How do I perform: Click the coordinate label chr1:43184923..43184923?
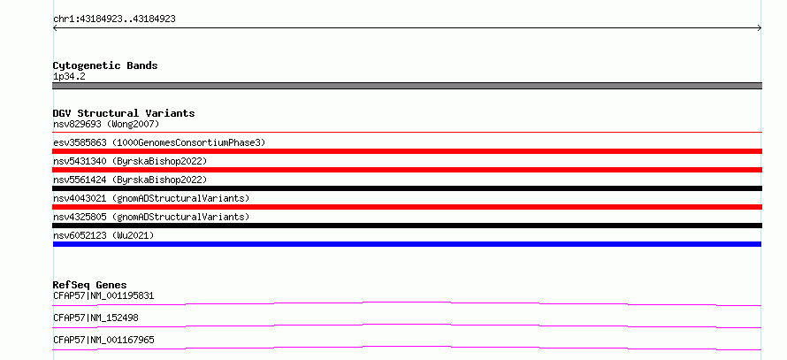(114, 19)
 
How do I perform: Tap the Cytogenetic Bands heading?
(105, 65)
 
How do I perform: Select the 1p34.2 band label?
(69, 76)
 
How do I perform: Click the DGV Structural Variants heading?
(124, 113)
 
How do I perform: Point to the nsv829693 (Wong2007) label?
(106, 124)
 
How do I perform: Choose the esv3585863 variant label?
(159, 142)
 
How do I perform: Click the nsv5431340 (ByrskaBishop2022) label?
(130, 161)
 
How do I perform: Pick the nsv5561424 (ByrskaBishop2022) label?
(130, 180)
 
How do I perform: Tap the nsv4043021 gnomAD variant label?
(151, 198)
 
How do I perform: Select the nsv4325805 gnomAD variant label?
(151, 217)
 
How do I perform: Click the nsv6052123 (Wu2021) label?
(103, 235)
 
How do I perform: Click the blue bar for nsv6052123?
(407, 244)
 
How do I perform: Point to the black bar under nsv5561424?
(407, 188)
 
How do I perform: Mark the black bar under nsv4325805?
(407, 226)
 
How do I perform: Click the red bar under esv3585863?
(407, 151)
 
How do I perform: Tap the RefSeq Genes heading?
(90, 285)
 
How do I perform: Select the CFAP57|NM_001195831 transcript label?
(103, 295)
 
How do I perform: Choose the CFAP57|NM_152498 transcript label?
(96, 318)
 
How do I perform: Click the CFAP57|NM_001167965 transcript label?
(103, 340)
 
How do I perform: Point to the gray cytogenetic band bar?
(407, 86)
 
